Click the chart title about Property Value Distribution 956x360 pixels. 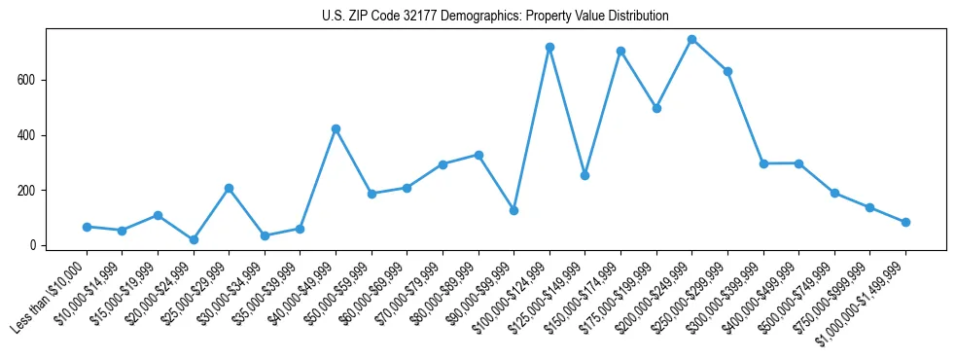pos(495,16)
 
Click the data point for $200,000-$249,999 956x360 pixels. pos(691,40)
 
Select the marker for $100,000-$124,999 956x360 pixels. pos(549,47)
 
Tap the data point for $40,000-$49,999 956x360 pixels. pos(336,128)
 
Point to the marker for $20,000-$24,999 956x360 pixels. pos(194,239)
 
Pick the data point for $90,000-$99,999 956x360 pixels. pos(513,210)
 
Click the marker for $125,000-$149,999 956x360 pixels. pos(584,175)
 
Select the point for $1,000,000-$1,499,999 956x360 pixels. pos(905,222)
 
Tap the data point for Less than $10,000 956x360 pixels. pos(87,227)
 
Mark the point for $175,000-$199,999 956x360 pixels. pos(656,108)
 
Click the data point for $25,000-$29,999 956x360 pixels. pos(229,188)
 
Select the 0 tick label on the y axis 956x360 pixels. pos(34,245)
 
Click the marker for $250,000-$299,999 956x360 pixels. pos(727,71)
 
